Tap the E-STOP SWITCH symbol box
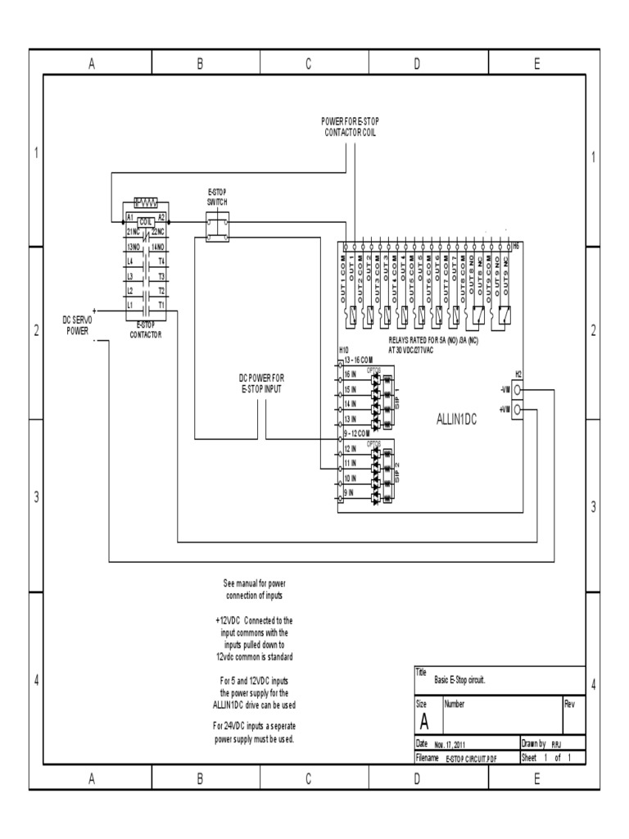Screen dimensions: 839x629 pyautogui.click(x=217, y=227)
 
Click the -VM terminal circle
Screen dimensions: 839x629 pyautogui.click(x=517, y=392)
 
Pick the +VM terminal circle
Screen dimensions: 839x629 pyautogui.click(x=517, y=408)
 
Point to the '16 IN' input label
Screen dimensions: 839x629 pyautogui.click(x=350, y=373)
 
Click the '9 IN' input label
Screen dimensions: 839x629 pyautogui.click(x=349, y=492)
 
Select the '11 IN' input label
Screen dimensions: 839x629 pyautogui.click(x=350, y=464)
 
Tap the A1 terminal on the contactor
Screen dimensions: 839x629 pyautogui.click(x=129, y=217)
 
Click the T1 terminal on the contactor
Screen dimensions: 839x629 pyautogui.click(x=161, y=304)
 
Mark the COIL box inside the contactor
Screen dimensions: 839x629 pyautogui.click(x=146, y=222)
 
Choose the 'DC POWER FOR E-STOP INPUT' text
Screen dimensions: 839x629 pyautogui.click(x=261, y=383)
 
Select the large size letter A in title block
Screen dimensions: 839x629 pyautogui.click(x=424, y=721)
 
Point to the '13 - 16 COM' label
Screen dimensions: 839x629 pyautogui.click(x=360, y=359)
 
